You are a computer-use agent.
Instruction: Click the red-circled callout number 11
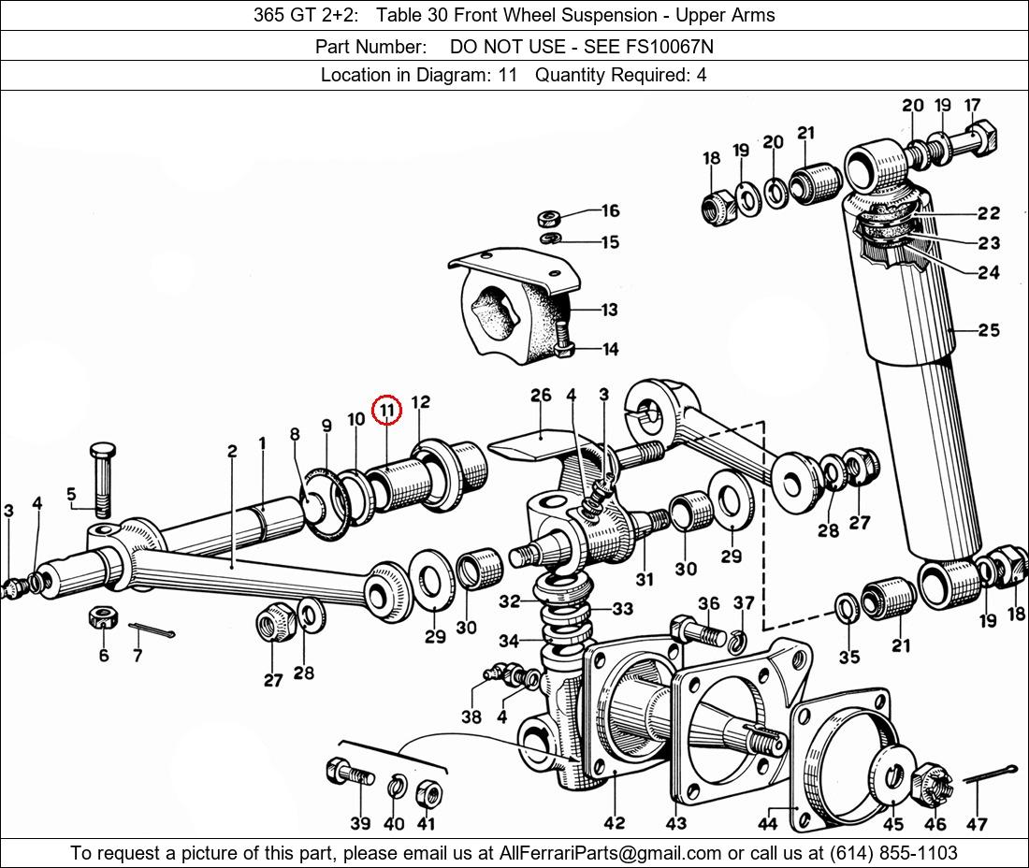point(385,411)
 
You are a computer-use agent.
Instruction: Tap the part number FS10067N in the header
point(672,47)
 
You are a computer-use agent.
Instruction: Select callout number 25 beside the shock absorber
point(989,330)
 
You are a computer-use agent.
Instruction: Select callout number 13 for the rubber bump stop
point(610,309)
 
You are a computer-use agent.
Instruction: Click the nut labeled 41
point(429,793)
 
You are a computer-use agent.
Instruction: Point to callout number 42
point(615,822)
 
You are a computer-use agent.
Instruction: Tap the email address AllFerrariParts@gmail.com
point(611,853)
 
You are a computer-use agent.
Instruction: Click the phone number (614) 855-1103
point(893,853)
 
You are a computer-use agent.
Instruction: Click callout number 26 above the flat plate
point(541,395)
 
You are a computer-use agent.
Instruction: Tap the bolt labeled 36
point(697,630)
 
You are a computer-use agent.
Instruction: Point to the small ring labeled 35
point(848,608)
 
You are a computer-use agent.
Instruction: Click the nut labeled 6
point(103,617)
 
